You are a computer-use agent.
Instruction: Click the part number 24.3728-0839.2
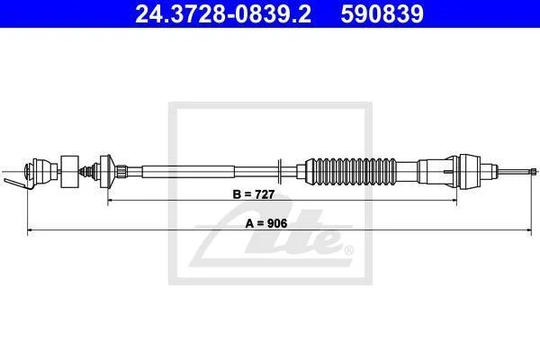click(x=223, y=13)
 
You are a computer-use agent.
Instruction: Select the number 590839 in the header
click(x=382, y=13)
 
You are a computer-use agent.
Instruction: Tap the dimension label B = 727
click(x=254, y=194)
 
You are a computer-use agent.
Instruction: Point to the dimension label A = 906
click(x=266, y=223)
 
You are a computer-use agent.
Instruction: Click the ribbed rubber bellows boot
click(x=351, y=171)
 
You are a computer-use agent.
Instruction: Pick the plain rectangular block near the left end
click(x=69, y=171)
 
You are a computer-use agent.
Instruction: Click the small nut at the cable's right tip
click(x=534, y=171)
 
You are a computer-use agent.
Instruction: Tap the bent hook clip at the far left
click(x=17, y=184)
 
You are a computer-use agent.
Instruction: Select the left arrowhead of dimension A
click(x=30, y=229)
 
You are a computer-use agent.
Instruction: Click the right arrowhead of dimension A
click(x=528, y=229)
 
